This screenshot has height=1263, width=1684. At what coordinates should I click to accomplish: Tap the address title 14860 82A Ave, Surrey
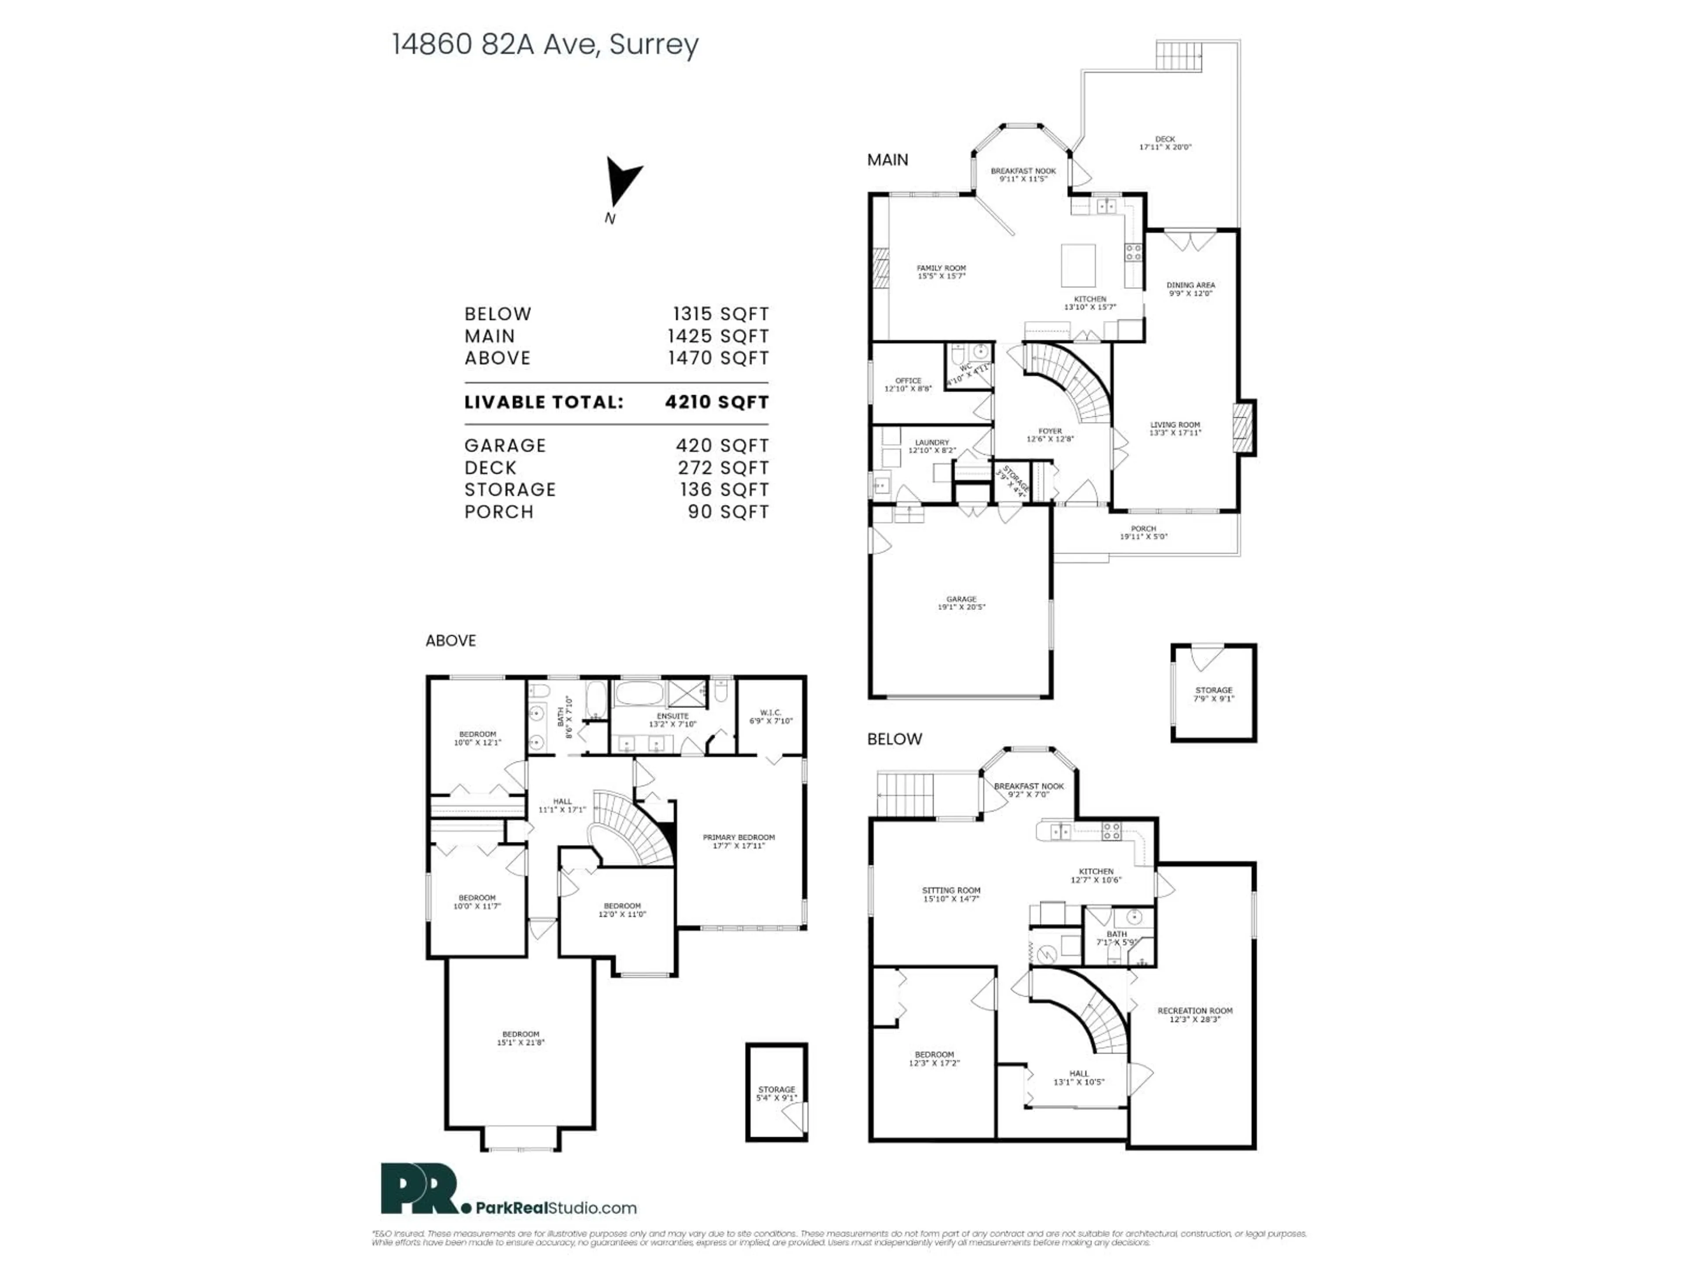click(x=545, y=44)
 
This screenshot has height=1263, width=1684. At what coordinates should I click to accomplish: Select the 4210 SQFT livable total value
click(x=717, y=402)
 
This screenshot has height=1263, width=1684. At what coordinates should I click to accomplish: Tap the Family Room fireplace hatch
click(x=880, y=268)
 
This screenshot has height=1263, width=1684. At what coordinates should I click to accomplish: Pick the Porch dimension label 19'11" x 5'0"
click(x=1143, y=536)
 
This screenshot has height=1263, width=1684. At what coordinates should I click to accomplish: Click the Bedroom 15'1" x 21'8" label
click(x=521, y=1038)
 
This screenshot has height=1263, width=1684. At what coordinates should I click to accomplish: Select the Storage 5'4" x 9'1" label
click(x=776, y=1093)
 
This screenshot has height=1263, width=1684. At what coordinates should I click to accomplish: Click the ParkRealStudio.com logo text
click(x=556, y=1207)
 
